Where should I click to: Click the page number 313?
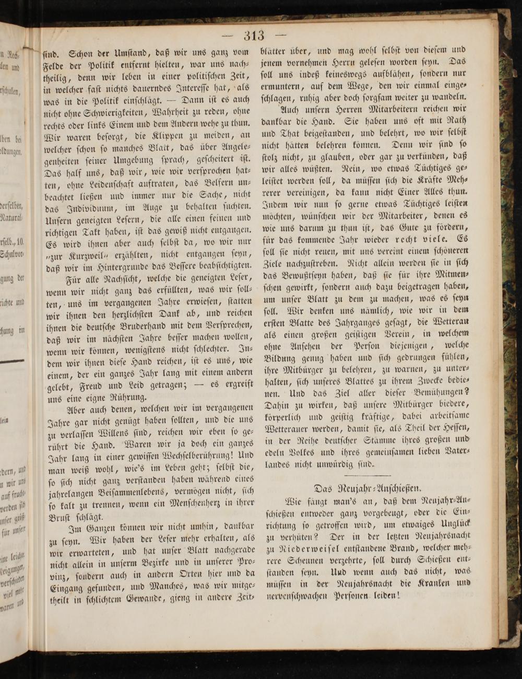(x=254, y=36)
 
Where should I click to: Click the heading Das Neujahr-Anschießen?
(x=368, y=489)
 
